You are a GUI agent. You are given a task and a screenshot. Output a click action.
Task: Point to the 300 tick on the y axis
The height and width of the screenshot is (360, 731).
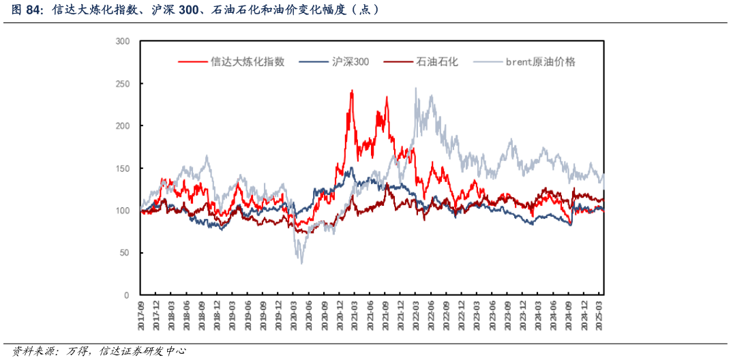[x=123, y=42]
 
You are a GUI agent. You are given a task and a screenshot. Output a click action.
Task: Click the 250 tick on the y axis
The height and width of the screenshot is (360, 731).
[x=123, y=84]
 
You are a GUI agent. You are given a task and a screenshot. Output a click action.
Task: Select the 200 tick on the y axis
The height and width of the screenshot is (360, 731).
[x=123, y=126]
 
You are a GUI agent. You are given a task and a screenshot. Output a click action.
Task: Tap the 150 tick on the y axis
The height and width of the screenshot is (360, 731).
[x=123, y=168]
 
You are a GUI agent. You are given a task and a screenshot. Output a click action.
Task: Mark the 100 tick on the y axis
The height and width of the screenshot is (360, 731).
[x=123, y=211]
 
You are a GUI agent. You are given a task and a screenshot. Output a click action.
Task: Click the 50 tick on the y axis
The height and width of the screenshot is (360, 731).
[x=125, y=253]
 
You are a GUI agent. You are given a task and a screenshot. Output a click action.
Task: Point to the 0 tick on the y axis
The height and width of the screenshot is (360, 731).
[x=127, y=295]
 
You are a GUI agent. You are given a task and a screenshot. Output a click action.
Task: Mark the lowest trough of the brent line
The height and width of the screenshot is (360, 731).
[x=301, y=263]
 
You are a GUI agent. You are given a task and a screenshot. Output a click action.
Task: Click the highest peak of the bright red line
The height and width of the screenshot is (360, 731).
[x=352, y=90]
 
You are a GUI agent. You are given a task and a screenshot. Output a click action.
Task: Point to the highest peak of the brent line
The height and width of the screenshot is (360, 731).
[x=415, y=88]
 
